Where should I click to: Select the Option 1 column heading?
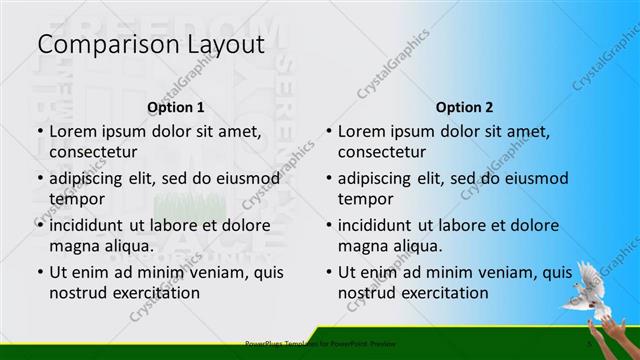click(176, 106)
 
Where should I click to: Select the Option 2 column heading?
click(464, 106)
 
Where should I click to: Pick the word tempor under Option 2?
click(365, 199)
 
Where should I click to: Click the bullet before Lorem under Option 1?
click(39, 131)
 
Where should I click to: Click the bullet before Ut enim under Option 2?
click(328, 272)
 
